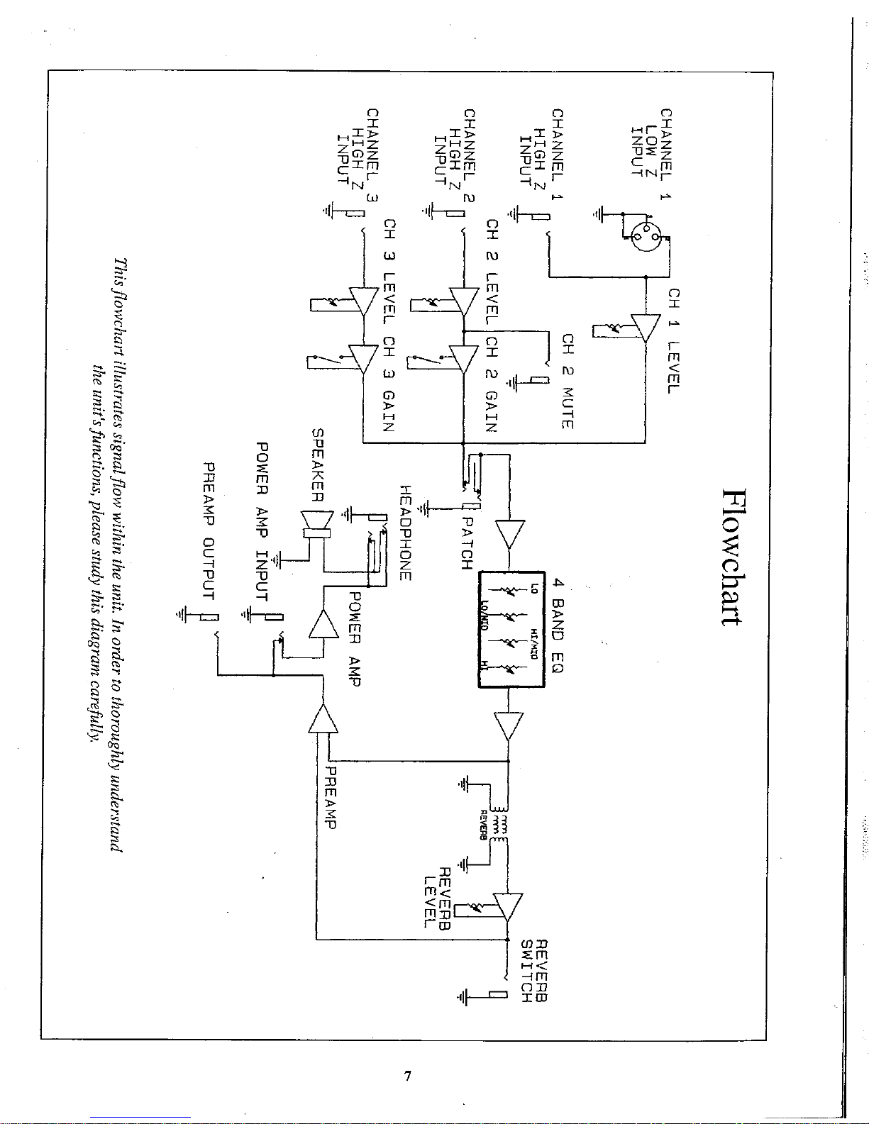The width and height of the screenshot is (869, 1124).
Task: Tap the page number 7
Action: click(407, 1076)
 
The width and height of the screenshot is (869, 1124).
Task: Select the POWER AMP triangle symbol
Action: click(322, 625)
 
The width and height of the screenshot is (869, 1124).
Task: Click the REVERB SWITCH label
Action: click(535, 971)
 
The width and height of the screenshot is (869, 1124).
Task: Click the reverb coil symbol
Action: click(502, 825)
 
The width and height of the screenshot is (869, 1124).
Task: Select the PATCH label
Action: click(466, 543)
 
